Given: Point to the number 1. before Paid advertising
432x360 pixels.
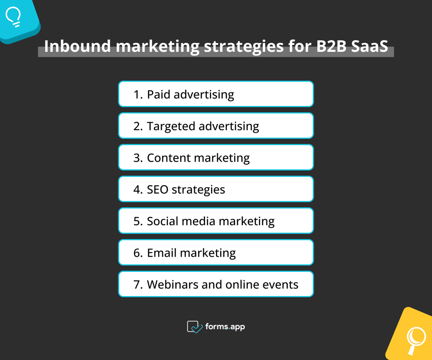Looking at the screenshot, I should [138, 94].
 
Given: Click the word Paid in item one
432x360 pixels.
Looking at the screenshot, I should [159, 94].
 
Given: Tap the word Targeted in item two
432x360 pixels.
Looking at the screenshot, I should [171, 126].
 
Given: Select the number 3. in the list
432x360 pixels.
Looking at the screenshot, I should [138, 158].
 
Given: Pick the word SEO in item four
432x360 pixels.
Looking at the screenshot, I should [159, 189].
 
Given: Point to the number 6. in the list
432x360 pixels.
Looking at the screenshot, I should [138, 252].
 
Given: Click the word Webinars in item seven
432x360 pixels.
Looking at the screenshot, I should [172, 284].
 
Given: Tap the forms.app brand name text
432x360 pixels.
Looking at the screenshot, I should [225, 327].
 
